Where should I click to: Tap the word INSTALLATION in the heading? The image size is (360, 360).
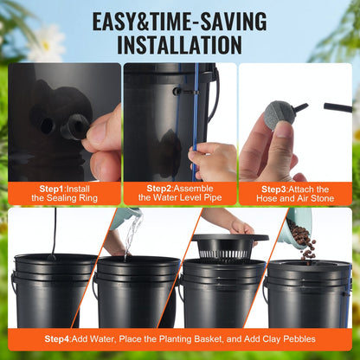click(180, 43)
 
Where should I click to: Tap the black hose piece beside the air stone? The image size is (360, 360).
click(337, 106)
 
